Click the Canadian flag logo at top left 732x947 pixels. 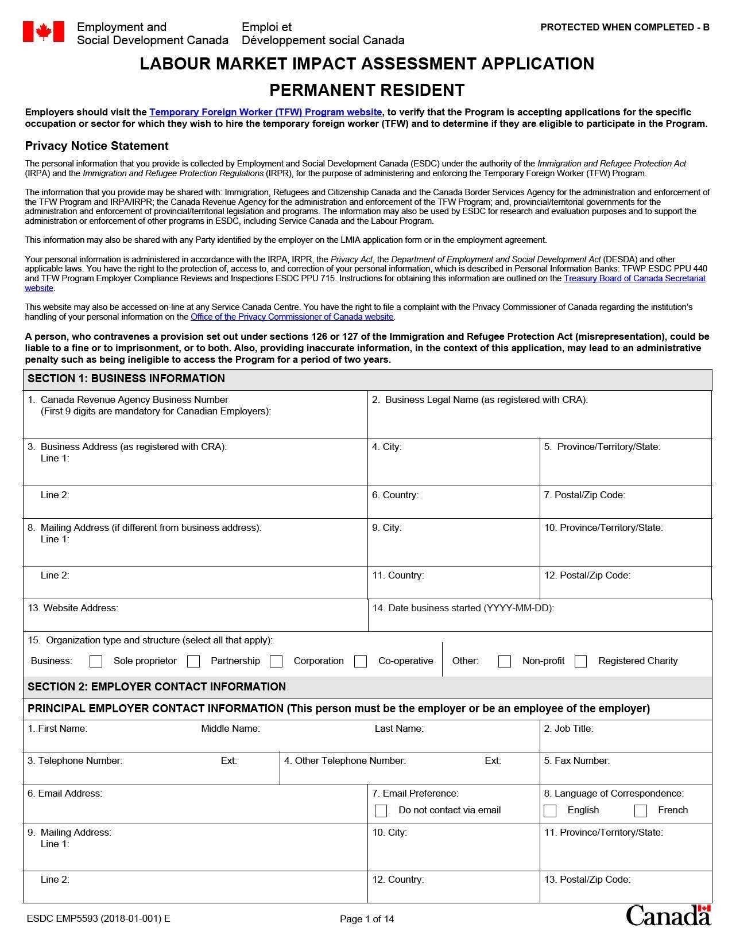pyautogui.click(x=43, y=32)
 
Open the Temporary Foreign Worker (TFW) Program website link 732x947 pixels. pyautogui.click(x=265, y=112)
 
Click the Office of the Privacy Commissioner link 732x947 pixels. pyautogui.click(x=292, y=317)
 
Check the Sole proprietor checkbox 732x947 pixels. pyautogui.click(x=96, y=661)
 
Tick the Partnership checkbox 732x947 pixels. pyautogui.click(x=193, y=661)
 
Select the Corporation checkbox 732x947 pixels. pyautogui.click(x=276, y=661)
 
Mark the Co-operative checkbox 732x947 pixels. pyautogui.click(x=361, y=661)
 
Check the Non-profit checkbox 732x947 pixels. pyautogui.click(x=505, y=661)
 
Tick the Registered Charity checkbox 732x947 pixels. pyautogui.click(x=581, y=661)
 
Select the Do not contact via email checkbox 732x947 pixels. pyautogui.click(x=381, y=810)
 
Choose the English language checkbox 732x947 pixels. pyautogui.click(x=550, y=810)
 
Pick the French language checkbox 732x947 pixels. pyautogui.click(x=641, y=810)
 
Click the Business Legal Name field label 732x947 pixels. pyautogui.click(x=486, y=399)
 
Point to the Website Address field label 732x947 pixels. pyautogui.click(x=73, y=608)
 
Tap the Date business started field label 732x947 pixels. pyautogui.click(x=463, y=608)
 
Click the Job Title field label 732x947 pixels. pyautogui.click(x=568, y=728)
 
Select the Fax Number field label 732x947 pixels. pyautogui.click(x=576, y=760)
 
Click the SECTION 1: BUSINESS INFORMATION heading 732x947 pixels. pyautogui.click(x=126, y=378)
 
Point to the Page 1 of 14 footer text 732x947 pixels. pyautogui.click(x=367, y=919)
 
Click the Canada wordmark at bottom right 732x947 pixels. pyautogui.click(x=668, y=915)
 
